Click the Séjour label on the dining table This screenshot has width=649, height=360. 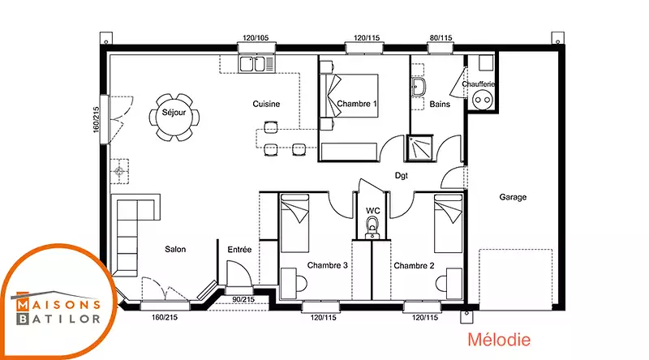pyautogui.click(x=174, y=113)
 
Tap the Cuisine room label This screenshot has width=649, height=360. pyautogui.click(x=266, y=104)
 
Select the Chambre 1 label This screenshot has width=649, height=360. pyautogui.click(x=357, y=104)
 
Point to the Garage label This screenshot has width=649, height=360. pyautogui.click(x=513, y=197)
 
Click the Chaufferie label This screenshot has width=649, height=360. pyautogui.click(x=479, y=84)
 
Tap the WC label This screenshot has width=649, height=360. pyautogui.click(x=373, y=211)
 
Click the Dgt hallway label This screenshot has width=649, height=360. pyautogui.click(x=401, y=175)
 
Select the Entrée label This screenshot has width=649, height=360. pyautogui.click(x=239, y=250)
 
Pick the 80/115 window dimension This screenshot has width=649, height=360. pyautogui.click(x=441, y=37)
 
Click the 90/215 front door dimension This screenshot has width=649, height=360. pyautogui.click(x=243, y=299)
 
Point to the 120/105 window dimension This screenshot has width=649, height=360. pyautogui.click(x=256, y=37)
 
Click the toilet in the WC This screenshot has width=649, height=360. pyautogui.click(x=372, y=228)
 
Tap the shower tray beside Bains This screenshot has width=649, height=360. pyautogui.click(x=419, y=148)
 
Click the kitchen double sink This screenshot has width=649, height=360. pyautogui.click(x=256, y=64)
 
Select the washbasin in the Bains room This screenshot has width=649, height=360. pyautogui.click(x=419, y=87)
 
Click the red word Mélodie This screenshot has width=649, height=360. pyautogui.click(x=499, y=340)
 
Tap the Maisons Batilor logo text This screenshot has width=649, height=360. pyautogui.click(x=58, y=311)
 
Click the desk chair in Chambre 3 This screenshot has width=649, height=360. pyautogui.click(x=301, y=284)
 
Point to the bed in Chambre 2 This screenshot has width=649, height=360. pyautogui.click(x=448, y=224)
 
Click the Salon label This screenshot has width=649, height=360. pyautogui.click(x=175, y=249)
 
